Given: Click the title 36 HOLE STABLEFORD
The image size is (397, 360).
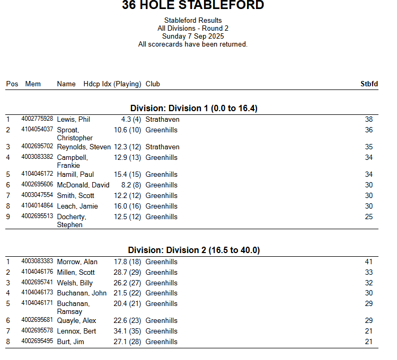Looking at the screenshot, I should tap(193, 6).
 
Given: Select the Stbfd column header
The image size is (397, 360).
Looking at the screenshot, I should tap(369, 84).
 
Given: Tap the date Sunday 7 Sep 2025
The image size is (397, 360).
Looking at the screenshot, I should tap(193, 37).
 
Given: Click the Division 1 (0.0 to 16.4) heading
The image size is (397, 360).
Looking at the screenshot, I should tap(193, 108).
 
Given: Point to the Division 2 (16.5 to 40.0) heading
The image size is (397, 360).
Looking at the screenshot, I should tap(193, 250).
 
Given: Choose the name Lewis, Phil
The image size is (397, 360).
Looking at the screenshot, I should tap(74, 120).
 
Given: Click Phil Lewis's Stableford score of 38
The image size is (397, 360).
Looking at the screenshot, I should tap(368, 120).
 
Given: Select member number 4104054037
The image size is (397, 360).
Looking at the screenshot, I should tap(37, 130).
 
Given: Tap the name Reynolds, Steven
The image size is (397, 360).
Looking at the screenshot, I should tap(84, 147).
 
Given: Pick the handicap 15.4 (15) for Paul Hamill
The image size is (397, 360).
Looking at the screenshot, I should tap(127, 175).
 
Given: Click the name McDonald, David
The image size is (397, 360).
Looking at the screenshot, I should tap(83, 185).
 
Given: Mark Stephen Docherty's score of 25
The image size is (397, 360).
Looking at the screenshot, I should tap(368, 217).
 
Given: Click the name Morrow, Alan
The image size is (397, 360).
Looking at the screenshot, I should tap(77, 262).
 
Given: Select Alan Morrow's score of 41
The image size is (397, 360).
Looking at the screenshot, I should tap(368, 262).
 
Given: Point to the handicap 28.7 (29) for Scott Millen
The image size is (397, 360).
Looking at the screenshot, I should tap(127, 273).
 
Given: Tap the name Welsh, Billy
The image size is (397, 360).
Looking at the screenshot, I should tap(75, 283).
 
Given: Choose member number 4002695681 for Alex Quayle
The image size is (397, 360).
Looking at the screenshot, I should tap(37, 320).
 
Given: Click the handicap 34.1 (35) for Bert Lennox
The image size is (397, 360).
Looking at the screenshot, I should tap(127, 331).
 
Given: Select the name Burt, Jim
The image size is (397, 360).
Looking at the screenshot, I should tap(70, 342).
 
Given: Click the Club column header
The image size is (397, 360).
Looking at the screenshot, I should tap(153, 84).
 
